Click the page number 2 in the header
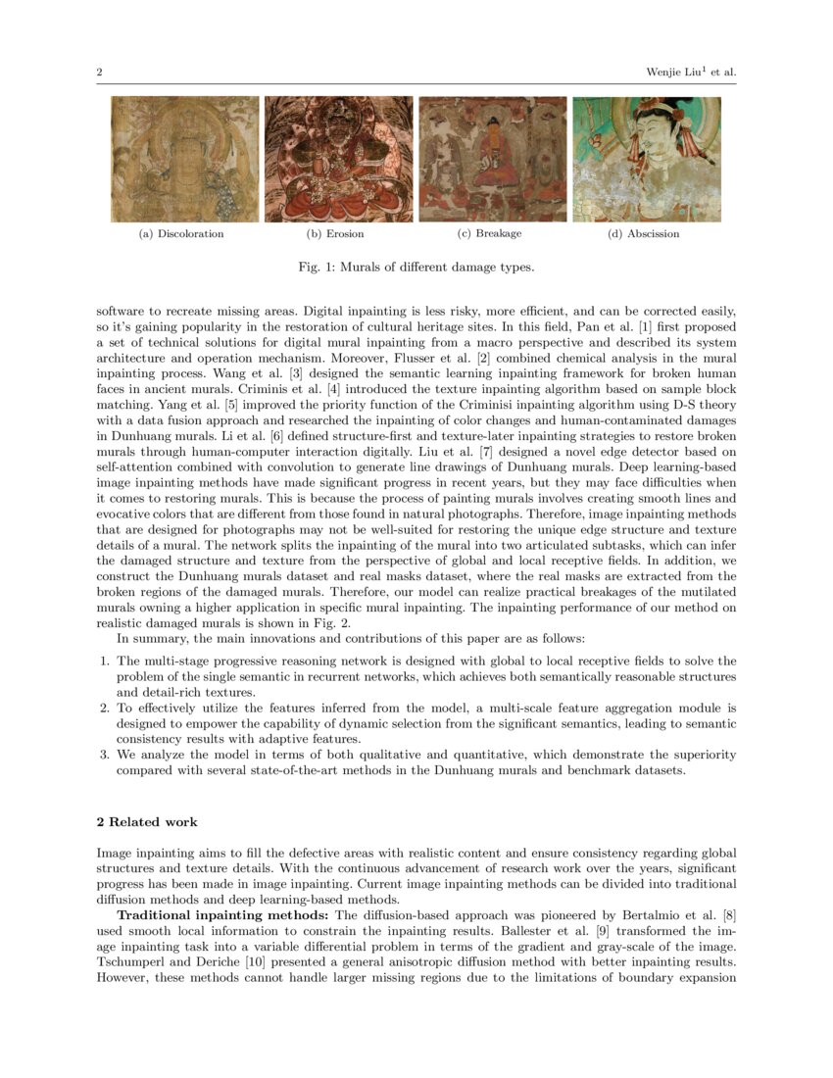(x=100, y=72)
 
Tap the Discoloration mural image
(x=185, y=159)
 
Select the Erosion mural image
(x=339, y=159)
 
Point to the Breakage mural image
(x=492, y=159)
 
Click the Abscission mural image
(x=646, y=159)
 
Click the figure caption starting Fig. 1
(x=416, y=267)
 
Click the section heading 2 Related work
(x=147, y=821)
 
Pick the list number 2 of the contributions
(x=106, y=706)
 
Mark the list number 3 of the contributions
(x=106, y=755)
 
